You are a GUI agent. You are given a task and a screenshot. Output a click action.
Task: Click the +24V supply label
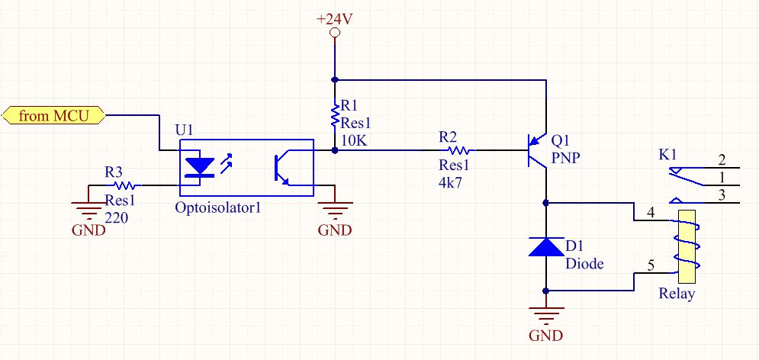click(x=334, y=19)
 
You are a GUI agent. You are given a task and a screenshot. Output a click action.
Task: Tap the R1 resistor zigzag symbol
click(x=334, y=116)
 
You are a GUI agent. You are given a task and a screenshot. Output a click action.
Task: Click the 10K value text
click(x=354, y=141)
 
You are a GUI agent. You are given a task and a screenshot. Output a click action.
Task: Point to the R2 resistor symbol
click(x=462, y=150)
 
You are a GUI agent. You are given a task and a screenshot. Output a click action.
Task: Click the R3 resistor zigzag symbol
click(x=124, y=185)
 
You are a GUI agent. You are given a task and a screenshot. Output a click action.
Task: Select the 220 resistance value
click(x=117, y=217)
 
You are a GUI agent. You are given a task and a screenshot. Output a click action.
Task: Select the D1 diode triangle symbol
click(x=545, y=246)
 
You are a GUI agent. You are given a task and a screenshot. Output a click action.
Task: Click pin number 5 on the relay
click(x=650, y=265)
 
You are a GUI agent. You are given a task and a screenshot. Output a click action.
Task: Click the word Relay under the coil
click(x=677, y=294)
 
